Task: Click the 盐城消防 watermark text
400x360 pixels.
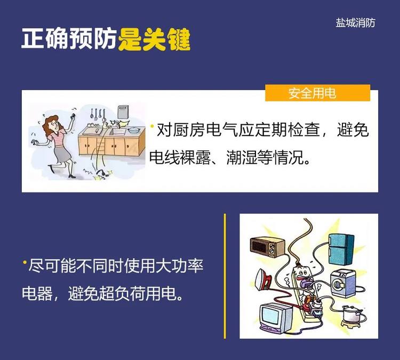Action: (x=355, y=23)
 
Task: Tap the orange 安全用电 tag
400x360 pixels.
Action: (x=317, y=93)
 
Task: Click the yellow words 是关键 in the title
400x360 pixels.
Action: (x=154, y=39)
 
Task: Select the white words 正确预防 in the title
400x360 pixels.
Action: (x=69, y=38)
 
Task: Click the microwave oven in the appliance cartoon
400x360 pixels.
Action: (x=267, y=247)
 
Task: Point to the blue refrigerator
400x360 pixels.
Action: (x=341, y=249)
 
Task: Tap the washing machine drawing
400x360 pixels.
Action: (x=343, y=283)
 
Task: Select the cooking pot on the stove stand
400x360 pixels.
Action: (x=352, y=315)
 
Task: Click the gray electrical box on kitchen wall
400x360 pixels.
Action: (x=123, y=112)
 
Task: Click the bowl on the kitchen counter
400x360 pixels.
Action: (x=134, y=130)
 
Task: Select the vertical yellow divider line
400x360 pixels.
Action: (x=225, y=276)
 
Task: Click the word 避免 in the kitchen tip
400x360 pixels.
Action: (x=353, y=130)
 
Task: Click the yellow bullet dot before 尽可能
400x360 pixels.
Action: (x=25, y=262)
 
